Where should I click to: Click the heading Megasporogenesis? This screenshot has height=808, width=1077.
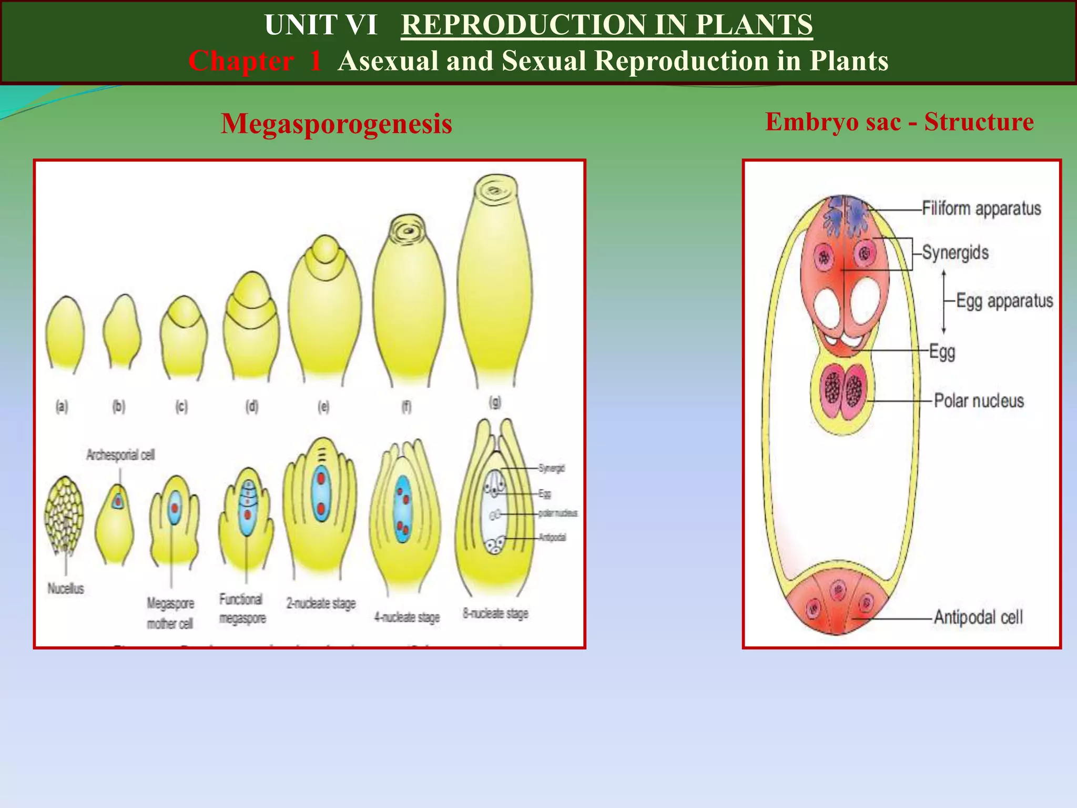[337, 124]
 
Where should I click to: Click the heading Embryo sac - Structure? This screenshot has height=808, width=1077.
[899, 122]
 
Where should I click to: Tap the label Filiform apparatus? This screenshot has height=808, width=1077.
[981, 208]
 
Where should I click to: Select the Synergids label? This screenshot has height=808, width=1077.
[955, 252]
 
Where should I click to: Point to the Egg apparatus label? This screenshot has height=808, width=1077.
[1004, 301]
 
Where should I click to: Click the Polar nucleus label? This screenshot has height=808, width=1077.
[979, 401]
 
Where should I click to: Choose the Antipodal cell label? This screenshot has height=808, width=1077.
[978, 617]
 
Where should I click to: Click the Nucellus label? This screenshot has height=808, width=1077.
[66, 588]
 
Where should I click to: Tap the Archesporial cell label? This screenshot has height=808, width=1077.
[120, 454]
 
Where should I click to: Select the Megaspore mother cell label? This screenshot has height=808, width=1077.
[170, 613]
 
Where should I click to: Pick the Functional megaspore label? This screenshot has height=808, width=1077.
[242, 609]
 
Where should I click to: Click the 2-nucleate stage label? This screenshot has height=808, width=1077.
[321, 603]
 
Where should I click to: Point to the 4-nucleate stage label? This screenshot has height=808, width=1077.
[407, 617]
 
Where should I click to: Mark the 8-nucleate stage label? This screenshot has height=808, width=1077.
[495, 613]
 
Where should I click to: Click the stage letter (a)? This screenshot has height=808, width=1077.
[62, 406]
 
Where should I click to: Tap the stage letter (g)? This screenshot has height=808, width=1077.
[495, 402]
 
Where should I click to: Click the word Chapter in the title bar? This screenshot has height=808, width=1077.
[241, 61]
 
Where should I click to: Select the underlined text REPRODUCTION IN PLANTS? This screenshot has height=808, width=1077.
[607, 25]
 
